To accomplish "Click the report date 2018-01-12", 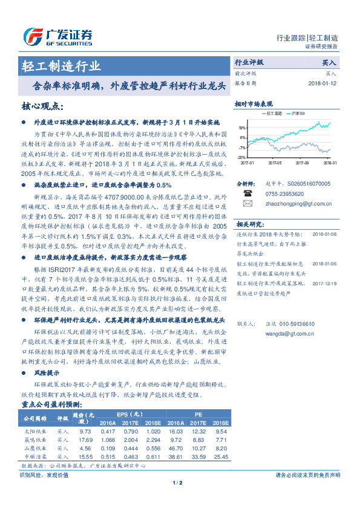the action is click(x=323, y=83).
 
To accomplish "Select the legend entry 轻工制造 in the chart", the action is click(x=271, y=113).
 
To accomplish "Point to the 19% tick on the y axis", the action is click(x=242, y=128).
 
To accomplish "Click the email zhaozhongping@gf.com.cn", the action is click(x=290, y=204).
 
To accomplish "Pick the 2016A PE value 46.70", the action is click(x=176, y=448).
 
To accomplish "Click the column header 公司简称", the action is click(x=36, y=418).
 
